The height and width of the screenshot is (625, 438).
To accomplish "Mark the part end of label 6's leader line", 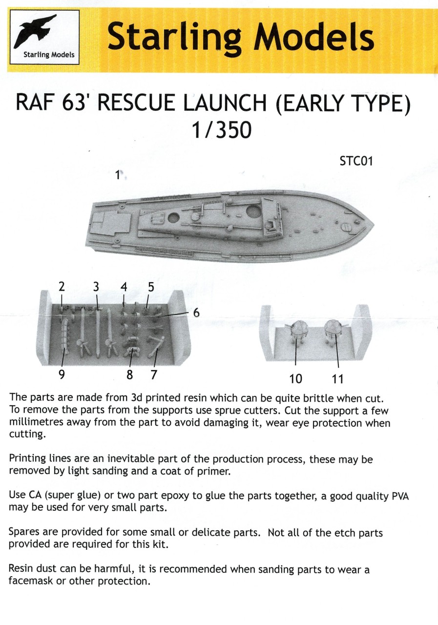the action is pyautogui.click(x=157, y=317).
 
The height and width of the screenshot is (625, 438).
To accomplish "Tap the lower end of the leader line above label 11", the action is pyautogui.click(x=338, y=367).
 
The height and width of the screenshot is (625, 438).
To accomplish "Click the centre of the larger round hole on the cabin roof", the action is pyautogui.click(x=254, y=212).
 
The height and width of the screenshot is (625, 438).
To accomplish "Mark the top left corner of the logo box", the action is pyautogui.click(x=10, y=10).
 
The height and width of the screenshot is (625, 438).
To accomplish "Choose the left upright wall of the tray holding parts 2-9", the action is pyautogui.click(x=43, y=327).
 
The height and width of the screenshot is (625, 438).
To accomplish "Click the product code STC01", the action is pyautogui.click(x=356, y=161).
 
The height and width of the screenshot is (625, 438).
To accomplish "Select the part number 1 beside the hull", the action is pyautogui.click(x=118, y=175).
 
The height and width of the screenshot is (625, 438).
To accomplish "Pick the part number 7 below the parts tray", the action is pyautogui.click(x=154, y=375).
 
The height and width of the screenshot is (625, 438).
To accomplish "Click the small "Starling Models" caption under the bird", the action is pyautogui.click(x=49, y=54).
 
